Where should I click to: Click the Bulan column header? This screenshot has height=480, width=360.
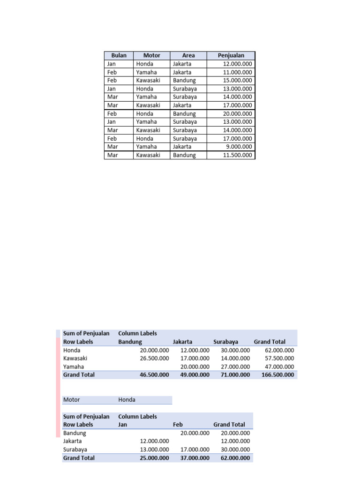click(x=119, y=55)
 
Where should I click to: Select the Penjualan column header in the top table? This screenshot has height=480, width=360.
click(x=231, y=55)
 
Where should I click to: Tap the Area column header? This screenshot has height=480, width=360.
click(x=188, y=55)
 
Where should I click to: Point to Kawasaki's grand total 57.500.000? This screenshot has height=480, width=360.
click(x=279, y=359)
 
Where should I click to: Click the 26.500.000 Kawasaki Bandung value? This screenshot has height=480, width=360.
click(x=154, y=359)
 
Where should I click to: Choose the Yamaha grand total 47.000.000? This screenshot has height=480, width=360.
click(x=279, y=367)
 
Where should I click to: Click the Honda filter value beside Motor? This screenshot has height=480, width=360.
click(x=127, y=400)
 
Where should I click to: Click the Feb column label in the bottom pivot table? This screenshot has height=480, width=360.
click(x=178, y=425)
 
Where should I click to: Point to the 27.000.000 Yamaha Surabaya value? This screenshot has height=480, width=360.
click(x=235, y=367)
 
